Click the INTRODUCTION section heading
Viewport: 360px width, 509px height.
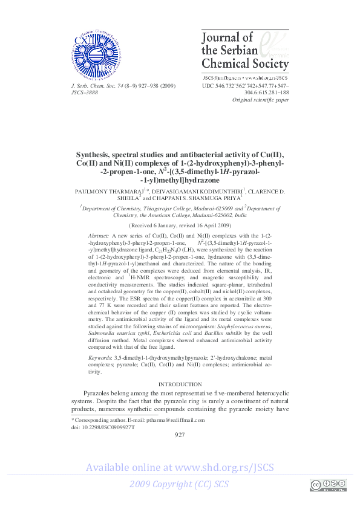[180, 384]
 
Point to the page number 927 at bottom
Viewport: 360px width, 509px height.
[180, 435]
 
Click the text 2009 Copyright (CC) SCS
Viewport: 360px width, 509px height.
[179, 485]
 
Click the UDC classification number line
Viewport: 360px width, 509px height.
[245, 86]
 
